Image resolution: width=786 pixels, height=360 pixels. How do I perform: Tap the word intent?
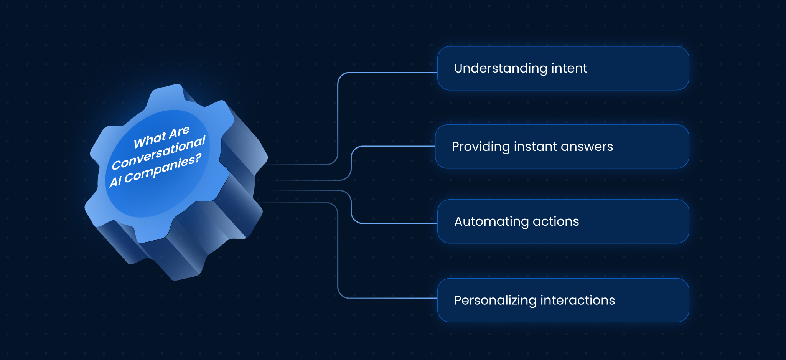point(569,68)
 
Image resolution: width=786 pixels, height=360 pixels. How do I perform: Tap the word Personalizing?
point(495,300)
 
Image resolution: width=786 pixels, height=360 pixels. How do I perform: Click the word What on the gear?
point(150,140)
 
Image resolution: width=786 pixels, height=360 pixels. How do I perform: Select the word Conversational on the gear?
point(158,153)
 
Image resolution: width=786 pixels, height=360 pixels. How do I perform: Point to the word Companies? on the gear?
point(163,169)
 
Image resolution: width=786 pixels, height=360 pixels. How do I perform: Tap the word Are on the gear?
point(179,132)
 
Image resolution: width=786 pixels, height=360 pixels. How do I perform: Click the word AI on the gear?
point(115,181)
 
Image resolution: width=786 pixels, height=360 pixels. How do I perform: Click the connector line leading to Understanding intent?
point(387,73)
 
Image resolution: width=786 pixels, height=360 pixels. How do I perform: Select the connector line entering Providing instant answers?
point(395,146)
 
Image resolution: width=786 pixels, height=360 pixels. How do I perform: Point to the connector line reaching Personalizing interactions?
point(387,298)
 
